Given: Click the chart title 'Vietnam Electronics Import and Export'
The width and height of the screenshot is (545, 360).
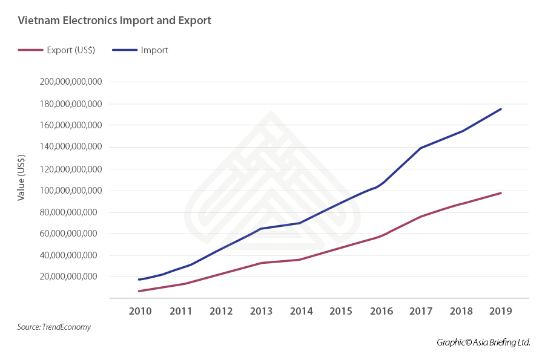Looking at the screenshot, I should pyautogui.click(x=114, y=21).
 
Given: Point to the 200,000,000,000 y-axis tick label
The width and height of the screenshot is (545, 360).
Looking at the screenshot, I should pyautogui.click(x=70, y=82).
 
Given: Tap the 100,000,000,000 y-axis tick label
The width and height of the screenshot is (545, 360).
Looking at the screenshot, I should pyautogui.click(x=70, y=191).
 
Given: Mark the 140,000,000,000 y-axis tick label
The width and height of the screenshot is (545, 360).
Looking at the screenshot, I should pyautogui.click(x=70, y=147).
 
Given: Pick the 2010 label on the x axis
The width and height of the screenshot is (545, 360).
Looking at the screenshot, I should pyautogui.click(x=140, y=311).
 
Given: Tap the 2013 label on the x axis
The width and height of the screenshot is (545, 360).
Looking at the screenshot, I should pyautogui.click(x=261, y=311).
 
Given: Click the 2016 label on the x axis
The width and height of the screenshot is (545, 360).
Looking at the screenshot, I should pyautogui.click(x=381, y=311).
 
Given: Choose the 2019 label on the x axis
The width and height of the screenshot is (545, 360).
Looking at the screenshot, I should pyautogui.click(x=501, y=311).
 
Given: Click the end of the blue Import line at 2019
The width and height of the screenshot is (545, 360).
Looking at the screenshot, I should pyautogui.click(x=501, y=109).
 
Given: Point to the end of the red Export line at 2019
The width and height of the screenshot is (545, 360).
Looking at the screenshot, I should pyautogui.click(x=501, y=193).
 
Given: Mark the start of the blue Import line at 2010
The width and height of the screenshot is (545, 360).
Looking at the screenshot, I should pyautogui.click(x=139, y=280).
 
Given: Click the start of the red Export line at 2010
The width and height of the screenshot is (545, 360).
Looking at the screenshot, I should pyautogui.click(x=139, y=291).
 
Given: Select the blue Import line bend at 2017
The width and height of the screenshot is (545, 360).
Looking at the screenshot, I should pyautogui.click(x=421, y=148).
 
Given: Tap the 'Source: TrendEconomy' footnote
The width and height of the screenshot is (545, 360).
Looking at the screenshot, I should pyautogui.click(x=54, y=327).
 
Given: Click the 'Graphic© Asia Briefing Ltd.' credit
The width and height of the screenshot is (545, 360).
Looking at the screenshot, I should pyautogui.click(x=483, y=342).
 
